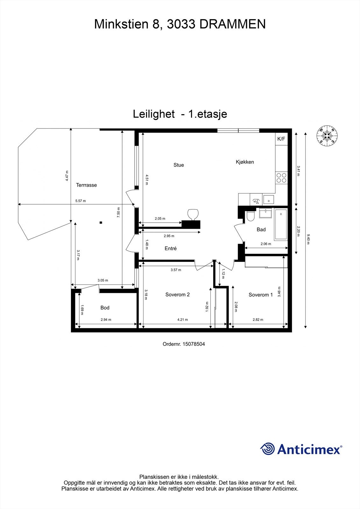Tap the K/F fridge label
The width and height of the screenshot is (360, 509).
pyautogui.click(x=281, y=139)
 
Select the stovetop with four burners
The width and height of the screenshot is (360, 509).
pyautogui.click(x=281, y=178)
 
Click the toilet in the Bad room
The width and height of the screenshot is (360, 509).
pyautogui.click(x=251, y=216)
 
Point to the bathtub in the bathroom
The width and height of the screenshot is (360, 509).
pyautogui.click(x=281, y=224)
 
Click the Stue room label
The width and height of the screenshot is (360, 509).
pyautogui.click(x=179, y=165)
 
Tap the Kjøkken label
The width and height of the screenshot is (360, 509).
pyautogui.click(x=245, y=162)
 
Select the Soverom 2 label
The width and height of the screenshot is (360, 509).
pyautogui.click(x=177, y=295)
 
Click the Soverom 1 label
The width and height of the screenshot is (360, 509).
pyautogui.click(x=261, y=295)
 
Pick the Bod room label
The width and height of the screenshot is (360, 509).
pyautogui.click(x=105, y=308)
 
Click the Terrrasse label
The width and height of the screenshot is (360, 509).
pyautogui.click(x=86, y=185)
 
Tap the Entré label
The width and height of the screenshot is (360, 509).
pyautogui.click(x=171, y=248)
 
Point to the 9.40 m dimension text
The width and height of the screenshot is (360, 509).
pyautogui.click(x=308, y=239)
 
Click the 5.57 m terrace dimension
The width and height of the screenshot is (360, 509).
pyautogui.click(x=81, y=201)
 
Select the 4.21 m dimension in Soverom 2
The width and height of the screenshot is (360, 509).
pyautogui.click(x=182, y=320)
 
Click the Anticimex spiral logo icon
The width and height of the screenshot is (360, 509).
pyautogui.click(x=267, y=449)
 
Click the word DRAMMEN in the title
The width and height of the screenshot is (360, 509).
pyautogui.click(x=232, y=24)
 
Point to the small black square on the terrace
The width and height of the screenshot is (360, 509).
pyautogui.click(x=101, y=222)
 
